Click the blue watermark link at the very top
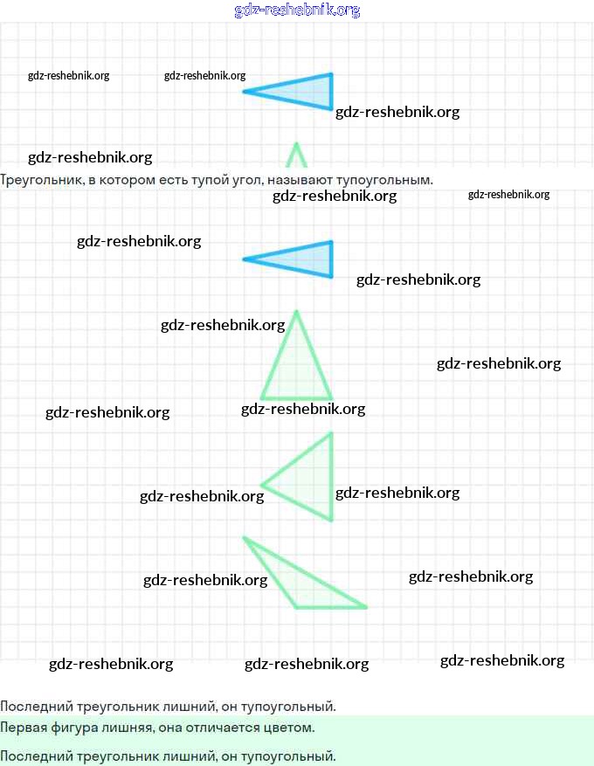tap(297, 10)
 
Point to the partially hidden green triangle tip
tap(296, 155)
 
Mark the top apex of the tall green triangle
tap(296, 311)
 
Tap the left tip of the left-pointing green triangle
tap(262, 485)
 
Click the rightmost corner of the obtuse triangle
tap(366, 607)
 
